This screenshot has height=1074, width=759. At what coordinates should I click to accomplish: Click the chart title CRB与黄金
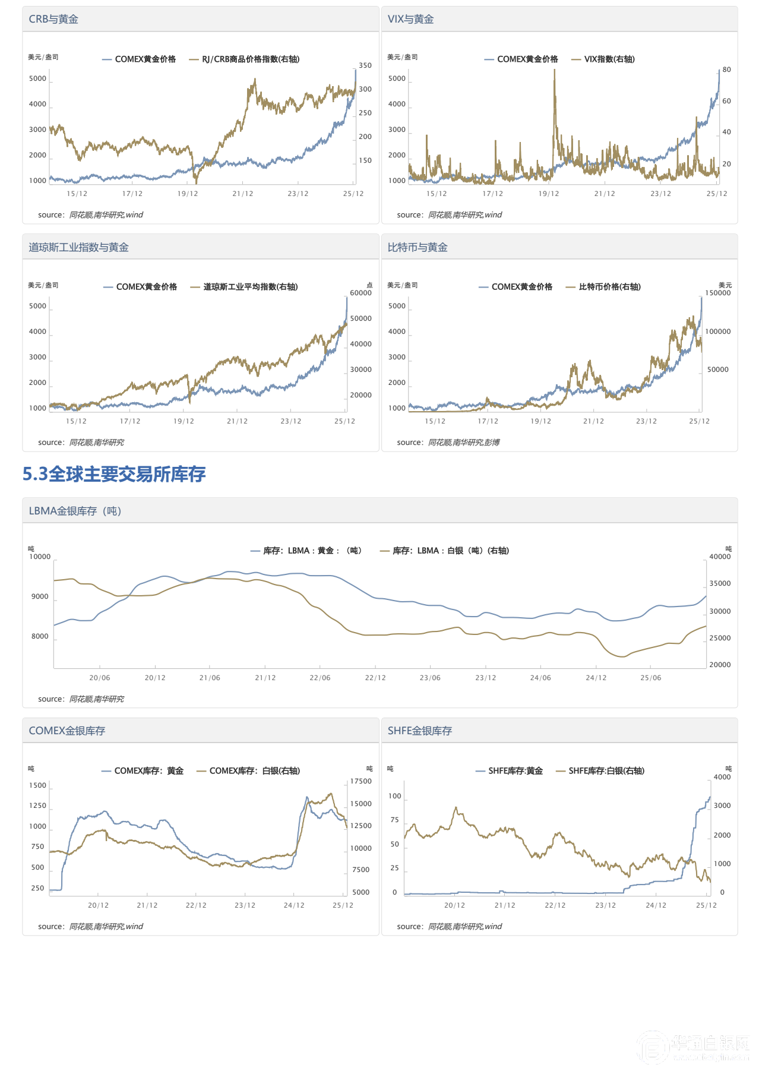click(53, 19)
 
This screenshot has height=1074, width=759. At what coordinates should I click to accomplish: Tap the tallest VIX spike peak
click(554, 71)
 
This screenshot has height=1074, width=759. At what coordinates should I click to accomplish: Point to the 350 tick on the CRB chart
click(365, 65)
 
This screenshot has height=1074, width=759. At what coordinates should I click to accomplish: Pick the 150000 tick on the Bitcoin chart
click(717, 293)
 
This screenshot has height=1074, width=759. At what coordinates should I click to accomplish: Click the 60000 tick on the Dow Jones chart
click(360, 293)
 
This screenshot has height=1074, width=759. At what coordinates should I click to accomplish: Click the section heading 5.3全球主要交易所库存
click(114, 474)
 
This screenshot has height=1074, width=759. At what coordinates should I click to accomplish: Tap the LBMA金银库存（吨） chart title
click(75, 511)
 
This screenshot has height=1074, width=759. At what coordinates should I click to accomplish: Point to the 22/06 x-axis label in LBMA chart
click(320, 678)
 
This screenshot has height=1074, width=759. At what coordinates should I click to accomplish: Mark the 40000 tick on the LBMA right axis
click(720, 557)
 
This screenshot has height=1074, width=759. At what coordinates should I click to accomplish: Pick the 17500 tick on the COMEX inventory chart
click(360, 781)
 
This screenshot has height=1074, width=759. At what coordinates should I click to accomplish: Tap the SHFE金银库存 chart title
click(419, 731)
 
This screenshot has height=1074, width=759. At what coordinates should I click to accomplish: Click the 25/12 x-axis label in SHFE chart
click(706, 905)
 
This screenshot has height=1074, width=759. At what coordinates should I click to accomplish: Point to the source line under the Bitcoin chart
click(448, 443)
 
